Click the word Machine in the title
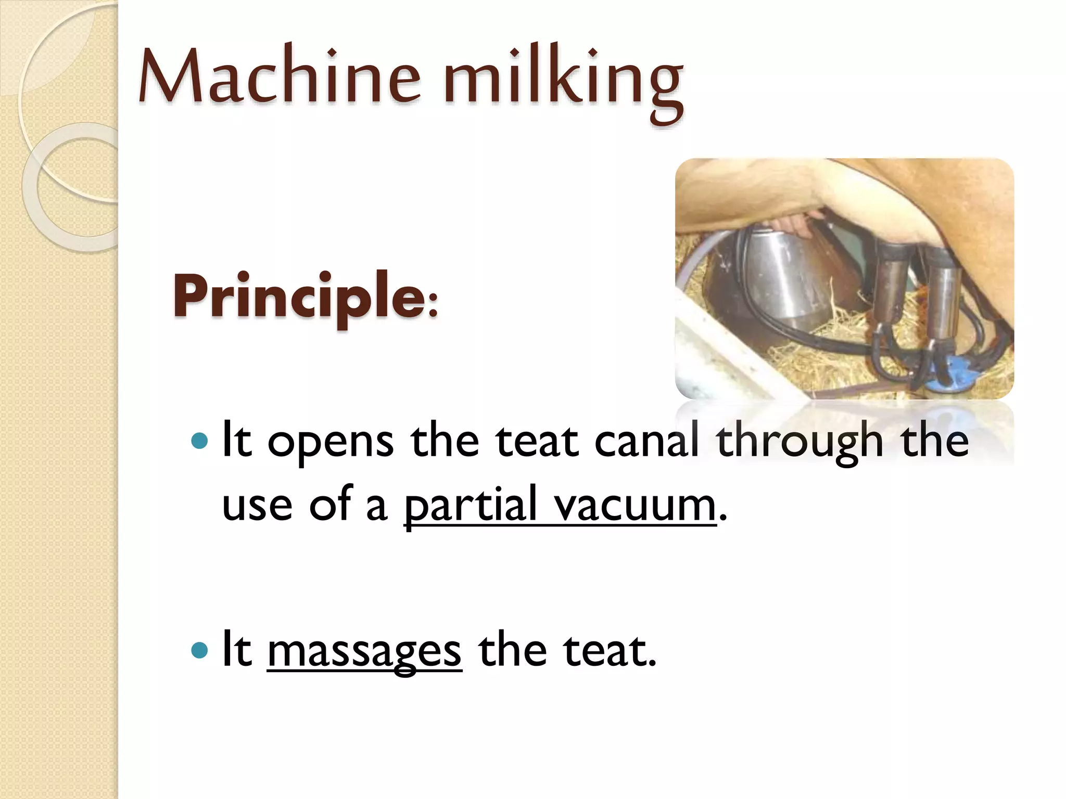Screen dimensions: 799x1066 click(x=279, y=77)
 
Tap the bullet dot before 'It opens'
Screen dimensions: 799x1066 click(x=199, y=442)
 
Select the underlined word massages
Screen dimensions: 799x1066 click(x=364, y=651)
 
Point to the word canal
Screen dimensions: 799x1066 click(x=646, y=441)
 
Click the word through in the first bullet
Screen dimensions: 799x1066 click(x=799, y=441)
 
